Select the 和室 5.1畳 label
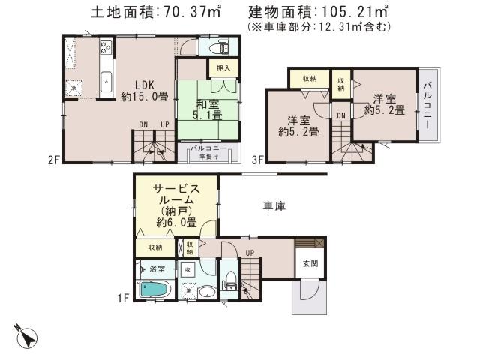click(205, 110)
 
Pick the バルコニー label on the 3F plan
click(427, 105)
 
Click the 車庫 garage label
click(272, 205)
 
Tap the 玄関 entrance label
click(310, 264)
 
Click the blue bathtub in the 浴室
click(155, 289)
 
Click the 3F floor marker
click(258, 159)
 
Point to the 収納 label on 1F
click(155, 247)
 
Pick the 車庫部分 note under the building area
click(318, 26)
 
